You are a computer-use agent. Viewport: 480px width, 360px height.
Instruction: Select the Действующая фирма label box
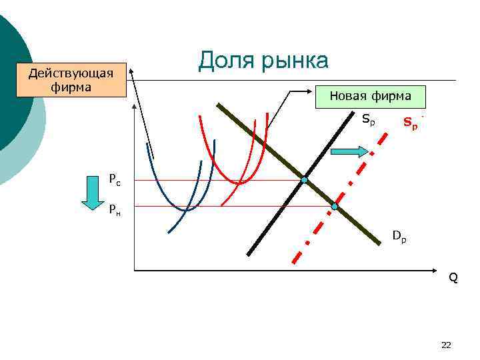(x=71, y=80)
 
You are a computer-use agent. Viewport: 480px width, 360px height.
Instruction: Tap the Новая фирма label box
(x=371, y=96)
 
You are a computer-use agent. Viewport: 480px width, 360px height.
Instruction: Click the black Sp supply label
(x=368, y=121)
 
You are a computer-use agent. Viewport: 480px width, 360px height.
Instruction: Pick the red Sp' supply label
(x=411, y=123)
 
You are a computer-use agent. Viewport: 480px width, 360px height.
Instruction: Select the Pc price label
(x=115, y=179)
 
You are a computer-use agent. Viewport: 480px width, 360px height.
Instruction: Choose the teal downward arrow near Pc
(x=89, y=193)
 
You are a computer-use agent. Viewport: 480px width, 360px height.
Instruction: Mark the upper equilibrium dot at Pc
(x=304, y=180)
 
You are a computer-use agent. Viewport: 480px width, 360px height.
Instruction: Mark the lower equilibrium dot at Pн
(x=335, y=207)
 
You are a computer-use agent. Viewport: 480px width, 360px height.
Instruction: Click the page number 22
(x=446, y=345)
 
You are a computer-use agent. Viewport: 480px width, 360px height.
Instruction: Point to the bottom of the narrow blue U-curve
(x=187, y=210)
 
